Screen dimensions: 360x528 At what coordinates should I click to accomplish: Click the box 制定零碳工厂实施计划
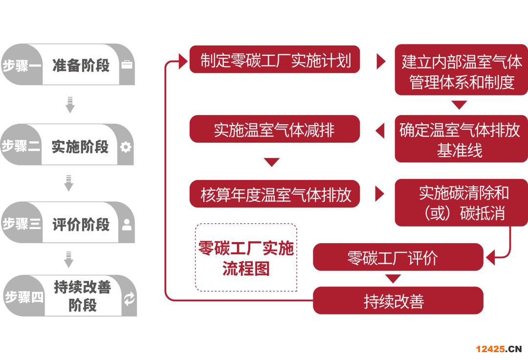click(x=275, y=60)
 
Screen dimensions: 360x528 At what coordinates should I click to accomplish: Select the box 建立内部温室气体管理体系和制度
click(x=462, y=69)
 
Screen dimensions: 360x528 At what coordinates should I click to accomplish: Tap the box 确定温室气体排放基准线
click(x=461, y=139)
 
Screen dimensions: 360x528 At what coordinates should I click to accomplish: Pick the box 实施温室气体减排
click(x=274, y=130)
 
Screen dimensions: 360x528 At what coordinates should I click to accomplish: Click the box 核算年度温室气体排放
click(x=274, y=194)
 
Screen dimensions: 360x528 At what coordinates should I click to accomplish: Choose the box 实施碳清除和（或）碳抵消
click(x=462, y=202)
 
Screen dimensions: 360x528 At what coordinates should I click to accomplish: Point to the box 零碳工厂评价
click(x=397, y=257)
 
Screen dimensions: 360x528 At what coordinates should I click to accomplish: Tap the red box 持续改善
click(x=397, y=300)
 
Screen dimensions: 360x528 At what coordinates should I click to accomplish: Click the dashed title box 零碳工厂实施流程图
click(x=246, y=258)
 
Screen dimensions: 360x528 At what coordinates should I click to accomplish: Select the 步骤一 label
click(x=22, y=65)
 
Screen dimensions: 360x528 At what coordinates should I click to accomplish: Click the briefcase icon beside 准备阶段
click(x=127, y=65)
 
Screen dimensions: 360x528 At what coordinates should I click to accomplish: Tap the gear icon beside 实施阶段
click(x=126, y=146)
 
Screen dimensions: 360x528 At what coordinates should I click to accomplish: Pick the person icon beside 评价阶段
click(x=127, y=225)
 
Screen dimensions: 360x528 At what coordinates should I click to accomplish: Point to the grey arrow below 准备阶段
click(x=70, y=105)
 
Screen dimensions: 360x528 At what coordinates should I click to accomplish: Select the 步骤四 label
click(x=23, y=296)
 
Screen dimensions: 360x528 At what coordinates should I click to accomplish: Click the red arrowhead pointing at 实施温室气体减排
click(x=380, y=131)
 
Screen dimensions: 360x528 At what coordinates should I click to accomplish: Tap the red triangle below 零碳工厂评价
click(x=393, y=278)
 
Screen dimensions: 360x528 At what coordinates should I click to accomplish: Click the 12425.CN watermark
click(x=499, y=348)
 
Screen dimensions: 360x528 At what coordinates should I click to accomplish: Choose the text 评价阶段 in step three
click(x=81, y=225)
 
